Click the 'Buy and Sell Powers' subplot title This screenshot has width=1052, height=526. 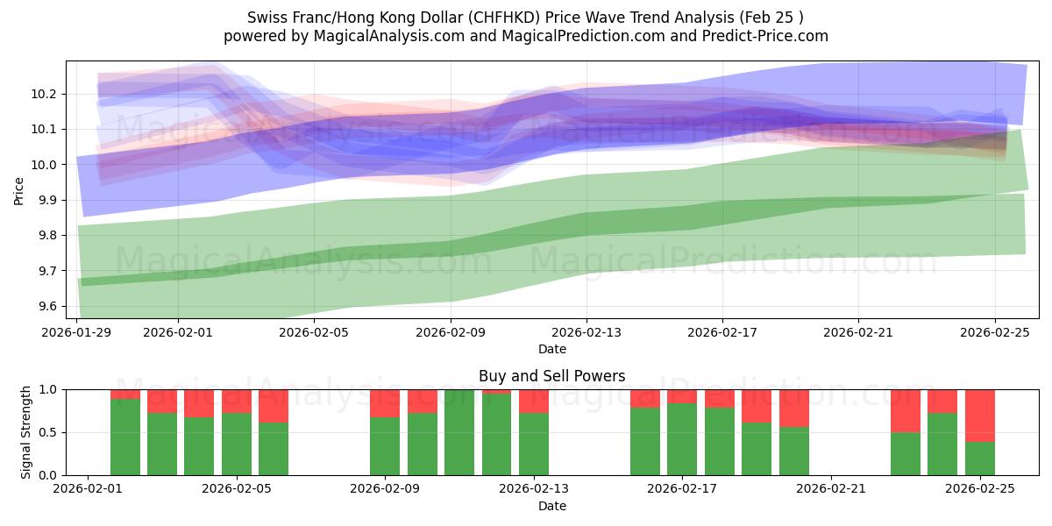click(x=551, y=376)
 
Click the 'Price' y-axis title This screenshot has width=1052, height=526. click(x=19, y=189)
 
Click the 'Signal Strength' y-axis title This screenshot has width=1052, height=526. click(x=26, y=432)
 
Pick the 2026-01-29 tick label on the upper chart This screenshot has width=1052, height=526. click(x=77, y=332)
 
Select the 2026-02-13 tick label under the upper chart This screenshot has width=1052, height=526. click(x=586, y=332)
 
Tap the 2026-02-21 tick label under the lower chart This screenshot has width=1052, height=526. click(x=829, y=489)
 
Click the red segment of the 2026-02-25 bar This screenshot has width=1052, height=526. click(x=979, y=416)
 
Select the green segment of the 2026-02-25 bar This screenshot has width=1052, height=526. click(x=979, y=458)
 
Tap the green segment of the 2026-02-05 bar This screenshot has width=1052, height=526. click(x=274, y=449)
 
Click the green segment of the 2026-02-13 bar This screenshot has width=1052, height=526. click(x=534, y=444)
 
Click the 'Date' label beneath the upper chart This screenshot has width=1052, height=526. click(x=551, y=349)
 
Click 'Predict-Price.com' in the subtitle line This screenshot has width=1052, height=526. click(x=766, y=36)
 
